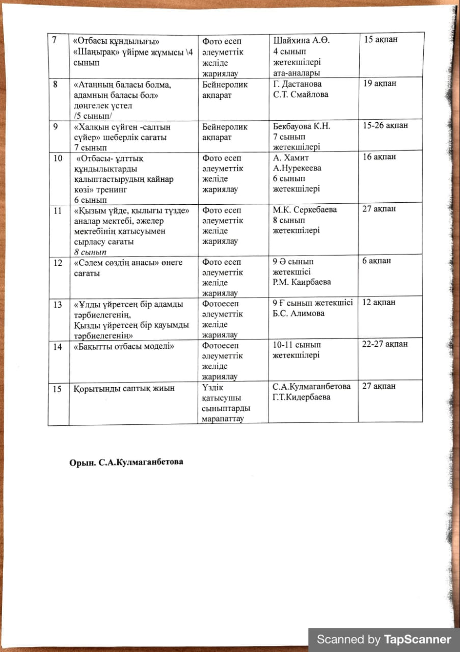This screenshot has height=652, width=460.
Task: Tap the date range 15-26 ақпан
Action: pos(385,125)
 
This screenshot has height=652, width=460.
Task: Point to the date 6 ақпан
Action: pos(376,261)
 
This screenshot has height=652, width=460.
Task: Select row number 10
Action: pos(58,157)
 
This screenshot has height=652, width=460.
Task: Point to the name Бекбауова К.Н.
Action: pos(302,126)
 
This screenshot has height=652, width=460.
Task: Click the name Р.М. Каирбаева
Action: pos(302,282)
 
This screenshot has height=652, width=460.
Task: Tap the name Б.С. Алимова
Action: pos(299,313)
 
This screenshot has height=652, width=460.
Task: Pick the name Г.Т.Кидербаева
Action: pos(302,397)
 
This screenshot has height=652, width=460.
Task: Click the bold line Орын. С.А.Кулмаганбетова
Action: pos(126,463)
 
